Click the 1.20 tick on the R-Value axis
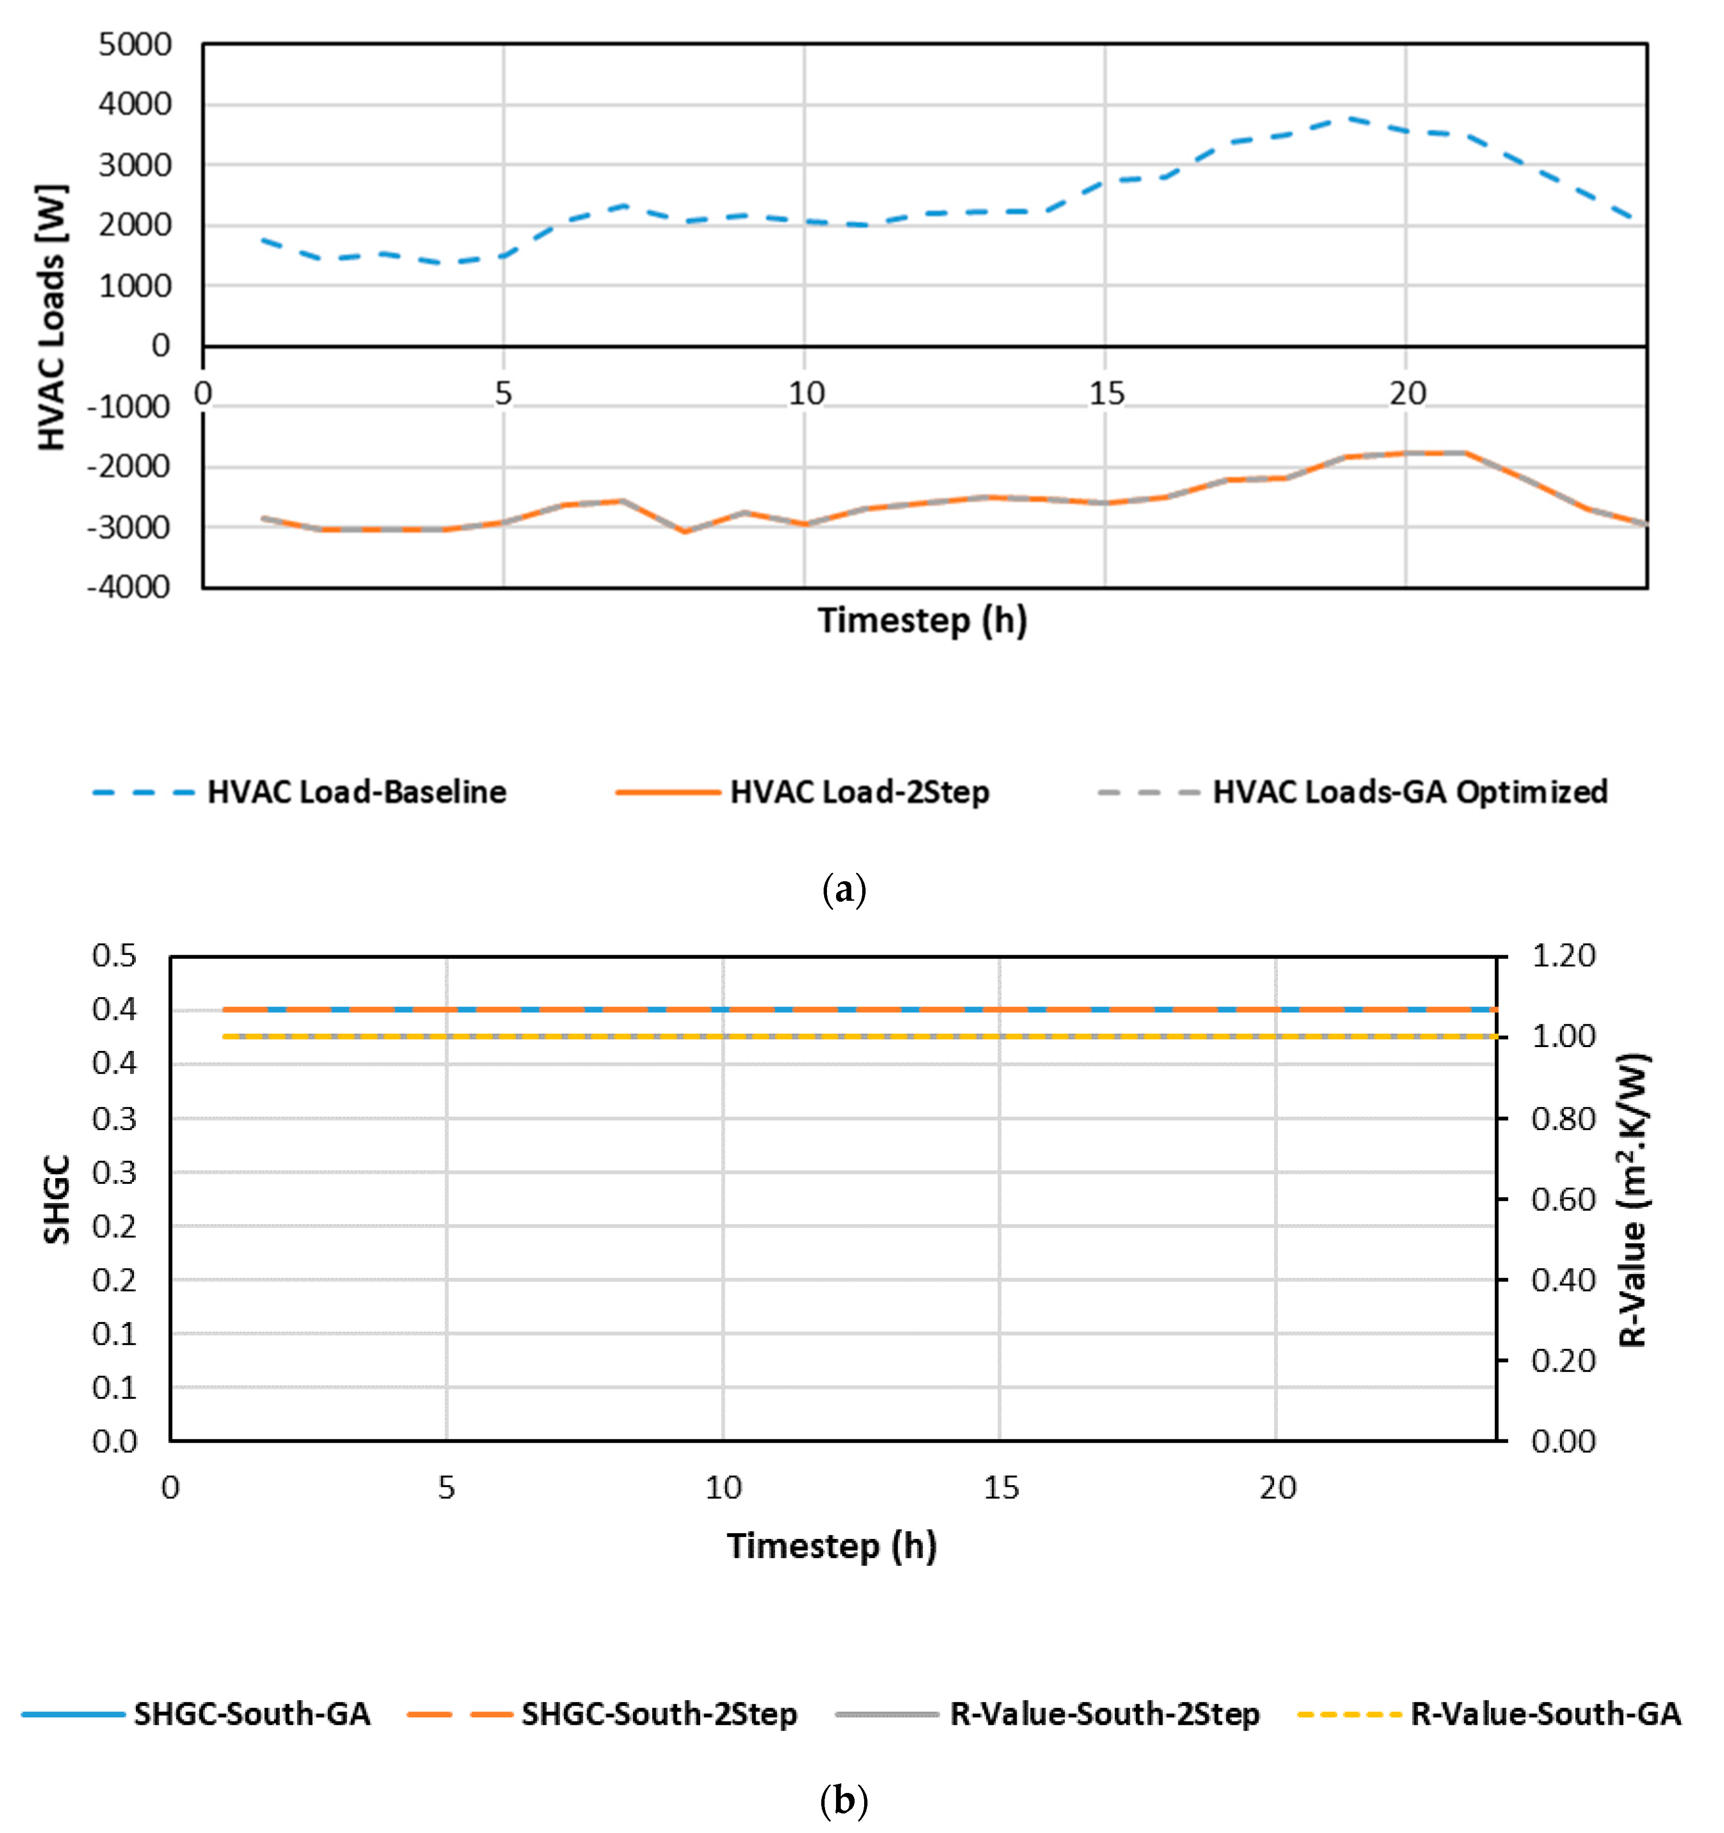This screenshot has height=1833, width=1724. coord(1563,955)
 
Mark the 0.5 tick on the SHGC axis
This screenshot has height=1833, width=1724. coord(114,955)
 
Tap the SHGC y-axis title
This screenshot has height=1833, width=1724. coord(57,1199)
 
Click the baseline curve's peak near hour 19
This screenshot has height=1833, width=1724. coord(1347,118)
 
